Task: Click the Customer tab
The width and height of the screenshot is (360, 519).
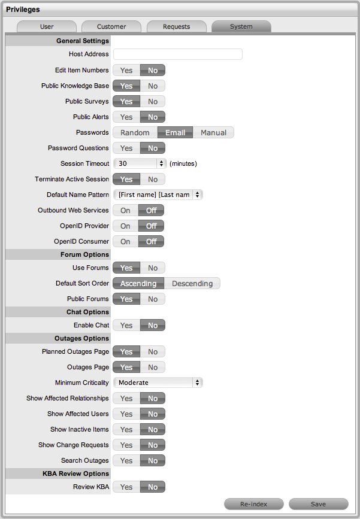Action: click(x=111, y=26)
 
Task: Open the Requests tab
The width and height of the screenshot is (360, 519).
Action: click(x=176, y=26)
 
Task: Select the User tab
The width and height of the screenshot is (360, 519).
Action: click(x=47, y=26)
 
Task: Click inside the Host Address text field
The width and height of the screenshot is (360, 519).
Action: click(x=178, y=54)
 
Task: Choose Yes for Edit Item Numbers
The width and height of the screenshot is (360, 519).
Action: click(x=126, y=71)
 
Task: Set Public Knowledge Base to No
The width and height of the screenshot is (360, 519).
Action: click(x=153, y=86)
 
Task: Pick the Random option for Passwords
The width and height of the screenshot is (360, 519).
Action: click(x=135, y=133)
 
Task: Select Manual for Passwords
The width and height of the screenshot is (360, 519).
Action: click(x=213, y=133)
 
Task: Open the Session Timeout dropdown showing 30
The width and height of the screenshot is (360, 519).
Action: click(x=140, y=163)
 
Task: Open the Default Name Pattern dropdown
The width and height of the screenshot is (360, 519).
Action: click(x=158, y=195)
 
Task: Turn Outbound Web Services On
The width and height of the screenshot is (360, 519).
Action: click(x=125, y=211)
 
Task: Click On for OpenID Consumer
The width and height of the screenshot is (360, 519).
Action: click(x=125, y=242)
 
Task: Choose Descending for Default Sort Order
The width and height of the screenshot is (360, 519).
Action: click(x=192, y=284)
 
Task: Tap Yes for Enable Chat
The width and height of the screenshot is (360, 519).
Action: click(x=126, y=326)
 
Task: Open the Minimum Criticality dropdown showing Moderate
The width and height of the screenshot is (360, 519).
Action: click(x=158, y=383)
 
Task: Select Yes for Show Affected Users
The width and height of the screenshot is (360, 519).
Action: click(x=126, y=414)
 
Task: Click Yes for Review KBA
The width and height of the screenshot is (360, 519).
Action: click(x=126, y=487)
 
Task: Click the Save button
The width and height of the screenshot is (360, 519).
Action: click(x=318, y=504)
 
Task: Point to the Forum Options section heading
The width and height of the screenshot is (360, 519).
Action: click(x=83, y=254)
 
